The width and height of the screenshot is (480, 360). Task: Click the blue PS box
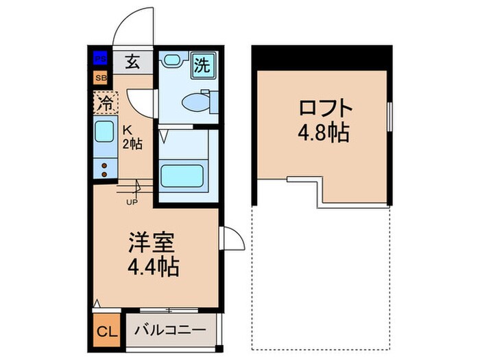(101, 59)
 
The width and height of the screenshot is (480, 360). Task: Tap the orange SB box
(101, 77)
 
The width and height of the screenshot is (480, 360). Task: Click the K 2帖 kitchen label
(132, 137)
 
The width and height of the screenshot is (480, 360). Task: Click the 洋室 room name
(154, 243)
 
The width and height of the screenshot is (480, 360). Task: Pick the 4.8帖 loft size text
(324, 132)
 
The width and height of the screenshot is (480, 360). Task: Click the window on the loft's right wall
(389, 121)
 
